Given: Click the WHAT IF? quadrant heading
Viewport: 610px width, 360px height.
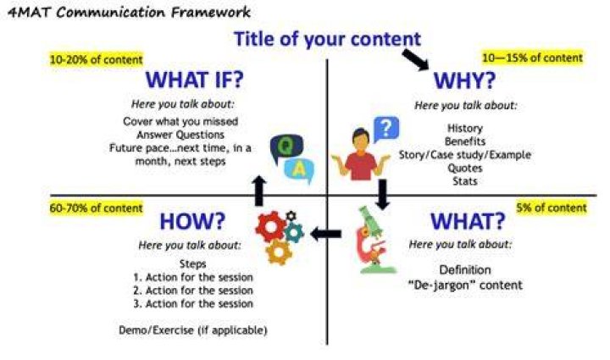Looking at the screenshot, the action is coord(195,80).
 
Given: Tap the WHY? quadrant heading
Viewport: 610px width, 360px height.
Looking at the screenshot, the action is coord(464,80).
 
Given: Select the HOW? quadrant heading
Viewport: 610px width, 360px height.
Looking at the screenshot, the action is coord(192,221).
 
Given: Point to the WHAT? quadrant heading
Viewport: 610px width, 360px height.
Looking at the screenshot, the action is coord(468,221).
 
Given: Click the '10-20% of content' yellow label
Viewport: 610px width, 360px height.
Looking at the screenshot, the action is coord(96,60).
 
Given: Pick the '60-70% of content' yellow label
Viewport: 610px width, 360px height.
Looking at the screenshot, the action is coord(96,208).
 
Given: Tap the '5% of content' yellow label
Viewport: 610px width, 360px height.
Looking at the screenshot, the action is coord(552,208).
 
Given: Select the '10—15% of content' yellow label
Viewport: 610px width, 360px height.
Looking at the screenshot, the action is coord(532,58).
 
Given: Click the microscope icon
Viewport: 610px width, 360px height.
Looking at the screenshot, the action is coord(374,240).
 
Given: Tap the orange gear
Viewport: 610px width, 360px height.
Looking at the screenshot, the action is coord(279,252).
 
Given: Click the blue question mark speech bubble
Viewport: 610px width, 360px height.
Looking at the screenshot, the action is coord(386,129).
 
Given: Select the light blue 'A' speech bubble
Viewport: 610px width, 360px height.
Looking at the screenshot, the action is coord(299,171).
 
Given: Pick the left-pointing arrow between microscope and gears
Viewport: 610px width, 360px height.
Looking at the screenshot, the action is coord(326,234).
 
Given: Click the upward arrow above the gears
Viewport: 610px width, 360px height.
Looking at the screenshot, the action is coord(259,191).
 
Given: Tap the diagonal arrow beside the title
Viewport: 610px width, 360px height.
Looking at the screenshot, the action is coord(415,59).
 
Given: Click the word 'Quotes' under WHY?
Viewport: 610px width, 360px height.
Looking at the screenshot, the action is coord(465,168).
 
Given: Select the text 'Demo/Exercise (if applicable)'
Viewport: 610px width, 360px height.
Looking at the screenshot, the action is coord(193,330).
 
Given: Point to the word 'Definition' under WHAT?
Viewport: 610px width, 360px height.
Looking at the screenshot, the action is coord(465,270).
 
